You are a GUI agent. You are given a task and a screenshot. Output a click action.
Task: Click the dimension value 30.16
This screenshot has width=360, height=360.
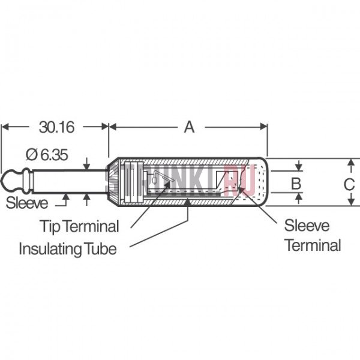tap(56, 127)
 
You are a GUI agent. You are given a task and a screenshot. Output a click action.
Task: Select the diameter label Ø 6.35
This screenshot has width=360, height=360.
tap(46, 155)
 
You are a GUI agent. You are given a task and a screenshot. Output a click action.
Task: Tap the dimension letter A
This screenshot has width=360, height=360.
tap(189, 127)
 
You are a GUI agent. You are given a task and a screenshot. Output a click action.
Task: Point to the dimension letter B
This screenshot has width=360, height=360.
tap(295, 183)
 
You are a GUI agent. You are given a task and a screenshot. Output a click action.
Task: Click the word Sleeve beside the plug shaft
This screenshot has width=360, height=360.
tap(27, 203)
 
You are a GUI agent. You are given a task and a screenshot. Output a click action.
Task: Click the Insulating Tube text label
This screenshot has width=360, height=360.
tap(68, 248)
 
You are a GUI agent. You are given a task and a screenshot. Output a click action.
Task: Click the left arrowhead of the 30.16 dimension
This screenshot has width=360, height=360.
tap(4, 127)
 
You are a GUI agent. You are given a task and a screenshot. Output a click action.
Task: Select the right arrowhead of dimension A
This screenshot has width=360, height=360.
tap(263, 127)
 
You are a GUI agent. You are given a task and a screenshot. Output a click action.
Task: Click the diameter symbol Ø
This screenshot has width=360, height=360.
tap(31, 155)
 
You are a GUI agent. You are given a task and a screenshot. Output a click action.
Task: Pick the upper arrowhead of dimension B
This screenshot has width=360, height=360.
tap(298, 170)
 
